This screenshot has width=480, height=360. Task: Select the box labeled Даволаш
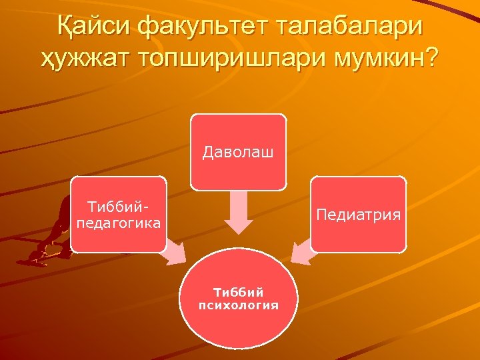click(x=239, y=151)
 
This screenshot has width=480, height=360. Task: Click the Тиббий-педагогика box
click(x=119, y=214)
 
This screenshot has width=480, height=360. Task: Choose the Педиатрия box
click(x=359, y=214)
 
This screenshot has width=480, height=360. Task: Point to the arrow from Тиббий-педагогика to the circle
click(x=175, y=253)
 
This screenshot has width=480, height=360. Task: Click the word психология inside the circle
click(x=238, y=305)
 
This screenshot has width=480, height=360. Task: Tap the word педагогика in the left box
click(x=119, y=223)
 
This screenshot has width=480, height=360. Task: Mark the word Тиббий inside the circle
click(x=238, y=292)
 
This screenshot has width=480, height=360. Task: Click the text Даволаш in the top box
click(x=239, y=153)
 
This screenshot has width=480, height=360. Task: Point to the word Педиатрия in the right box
click(x=359, y=215)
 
